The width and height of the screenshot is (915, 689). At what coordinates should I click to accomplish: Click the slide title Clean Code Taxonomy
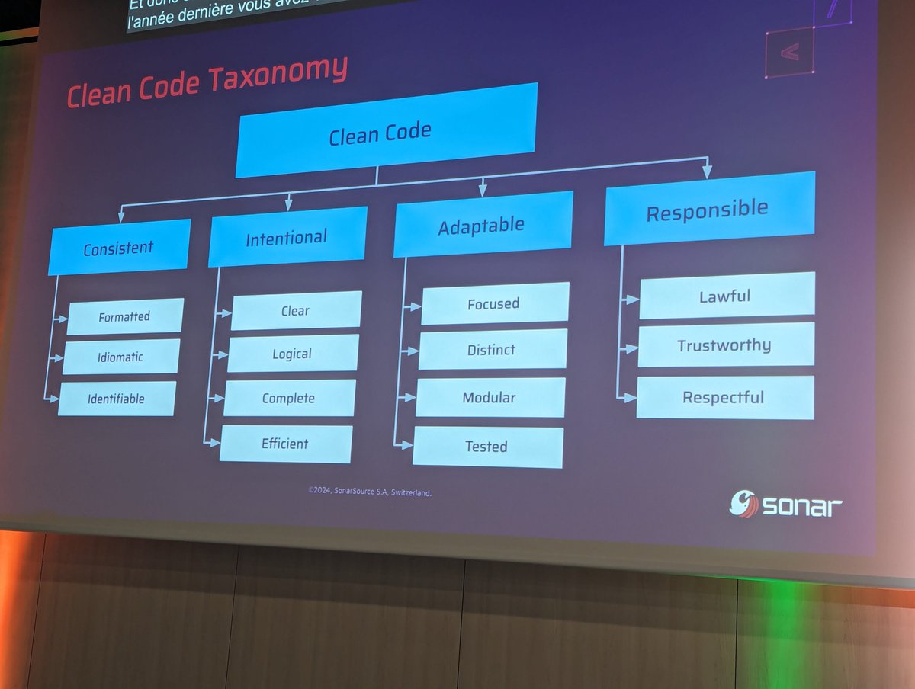point(207,82)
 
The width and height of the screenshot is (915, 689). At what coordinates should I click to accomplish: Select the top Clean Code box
point(385,131)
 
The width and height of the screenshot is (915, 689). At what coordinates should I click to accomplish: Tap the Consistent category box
point(119,247)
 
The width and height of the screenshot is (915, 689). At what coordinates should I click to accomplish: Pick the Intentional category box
point(287,237)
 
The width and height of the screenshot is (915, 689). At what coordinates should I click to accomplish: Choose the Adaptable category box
point(482,224)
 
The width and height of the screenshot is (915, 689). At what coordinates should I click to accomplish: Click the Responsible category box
point(708,209)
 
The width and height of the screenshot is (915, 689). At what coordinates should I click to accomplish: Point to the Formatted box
point(125,316)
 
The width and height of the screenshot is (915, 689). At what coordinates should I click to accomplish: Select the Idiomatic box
point(121,357)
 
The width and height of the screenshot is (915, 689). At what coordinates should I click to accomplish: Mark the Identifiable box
point(117,398)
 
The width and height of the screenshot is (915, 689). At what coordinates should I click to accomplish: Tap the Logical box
point(293,354)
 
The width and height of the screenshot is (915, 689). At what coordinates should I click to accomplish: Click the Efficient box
point(286,444)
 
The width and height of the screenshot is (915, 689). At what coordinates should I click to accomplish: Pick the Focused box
point(494,303)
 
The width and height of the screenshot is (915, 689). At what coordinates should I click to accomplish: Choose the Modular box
point(490,397)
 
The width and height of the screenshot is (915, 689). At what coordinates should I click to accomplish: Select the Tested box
point(487,447)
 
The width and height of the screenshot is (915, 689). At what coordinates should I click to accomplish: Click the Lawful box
point(726,295)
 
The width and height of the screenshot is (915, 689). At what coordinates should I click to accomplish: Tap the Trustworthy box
point(725,344)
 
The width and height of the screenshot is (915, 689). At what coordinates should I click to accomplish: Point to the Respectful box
point(724,397)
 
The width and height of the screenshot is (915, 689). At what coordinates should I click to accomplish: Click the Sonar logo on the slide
point(785,504)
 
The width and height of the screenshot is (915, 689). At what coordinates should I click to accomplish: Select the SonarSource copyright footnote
point(370,492)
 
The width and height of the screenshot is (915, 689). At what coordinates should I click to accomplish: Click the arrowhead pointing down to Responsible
point(707,172)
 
